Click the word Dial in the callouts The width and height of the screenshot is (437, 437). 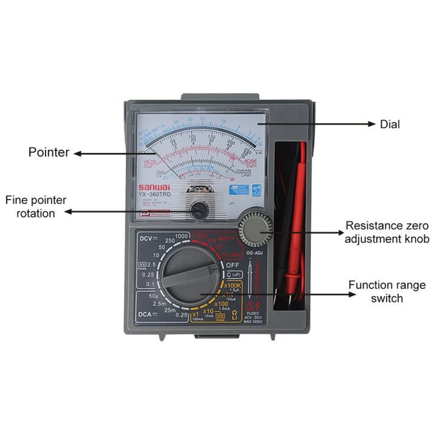pyautogui.click(x=390, y=124)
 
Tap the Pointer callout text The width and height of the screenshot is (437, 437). pyautogui.click(x=49, y=152)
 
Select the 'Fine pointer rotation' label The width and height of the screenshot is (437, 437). pyautogui.click(x=36, y=206)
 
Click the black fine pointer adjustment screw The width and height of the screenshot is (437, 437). pyautogui.click(x=197, y=211)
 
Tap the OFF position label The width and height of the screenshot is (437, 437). pyautogui.click(x=234, y=265)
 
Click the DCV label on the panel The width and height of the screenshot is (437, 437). pyautogui.click(x=144, y=239)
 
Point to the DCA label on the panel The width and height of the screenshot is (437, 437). pyautogui.click(x=144, y=314)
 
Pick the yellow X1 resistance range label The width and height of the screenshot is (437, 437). pyautogui.click(x=195, y=314)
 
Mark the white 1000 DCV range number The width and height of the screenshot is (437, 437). pyautogui.click(x=181, y=236)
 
